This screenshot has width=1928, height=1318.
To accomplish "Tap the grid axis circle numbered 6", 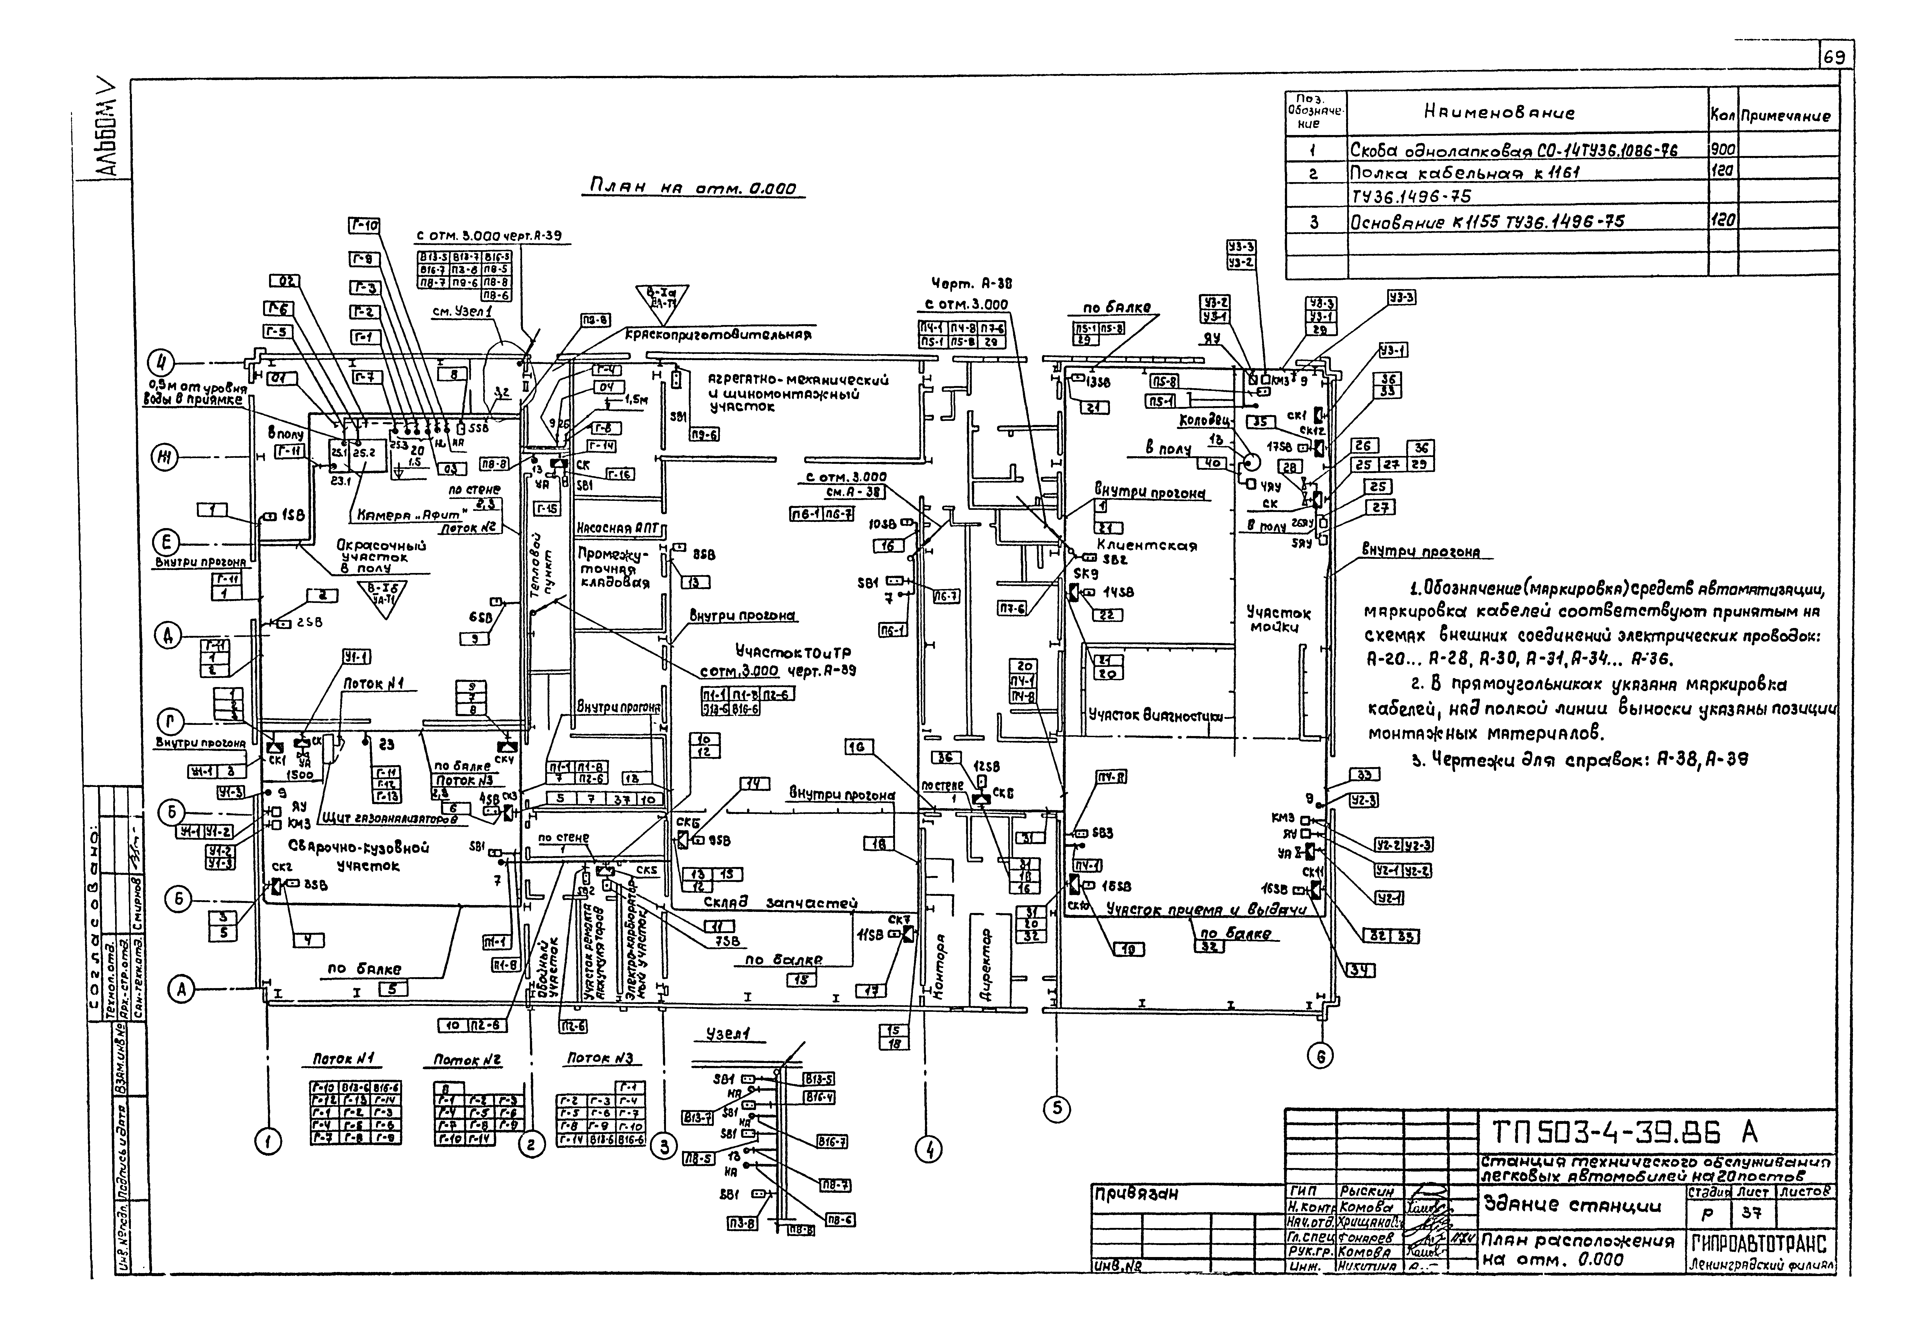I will point(1320,1056).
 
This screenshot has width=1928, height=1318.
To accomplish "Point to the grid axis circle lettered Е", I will point(167,543).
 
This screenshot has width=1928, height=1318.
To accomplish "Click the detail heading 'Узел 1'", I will point(727,1034).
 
